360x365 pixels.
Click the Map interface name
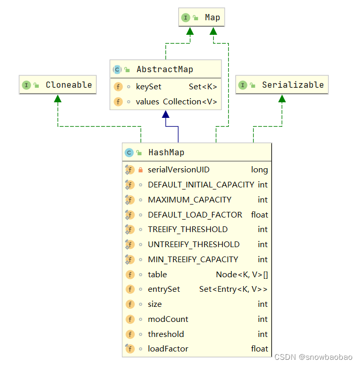212,18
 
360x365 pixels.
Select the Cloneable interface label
68,85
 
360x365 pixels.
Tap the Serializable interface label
293,85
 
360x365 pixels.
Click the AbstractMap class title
165,69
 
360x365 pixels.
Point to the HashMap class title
166,153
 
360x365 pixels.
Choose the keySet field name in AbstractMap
149,87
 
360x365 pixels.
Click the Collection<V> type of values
190,102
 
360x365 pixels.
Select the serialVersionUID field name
178,170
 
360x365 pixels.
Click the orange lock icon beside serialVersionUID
141,170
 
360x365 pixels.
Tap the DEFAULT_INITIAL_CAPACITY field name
201,185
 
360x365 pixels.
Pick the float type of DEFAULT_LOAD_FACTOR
259,214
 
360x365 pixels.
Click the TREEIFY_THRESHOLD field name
187,229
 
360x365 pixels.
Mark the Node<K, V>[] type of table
242,275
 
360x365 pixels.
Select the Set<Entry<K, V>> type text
233,289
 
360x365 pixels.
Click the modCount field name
168,319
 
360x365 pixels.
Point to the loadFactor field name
168,349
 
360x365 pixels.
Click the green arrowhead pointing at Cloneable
58,99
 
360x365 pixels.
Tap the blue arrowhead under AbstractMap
165,115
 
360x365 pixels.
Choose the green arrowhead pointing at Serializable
282,99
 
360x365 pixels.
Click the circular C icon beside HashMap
129,153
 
